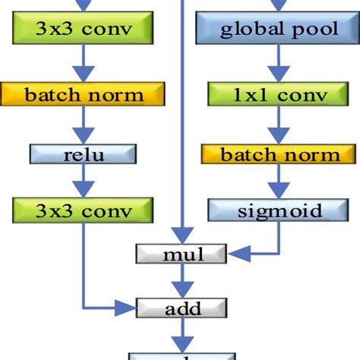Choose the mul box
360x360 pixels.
[x=183, y=254]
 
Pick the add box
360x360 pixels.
[x=183, y=308]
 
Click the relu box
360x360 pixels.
[x=84, y=154]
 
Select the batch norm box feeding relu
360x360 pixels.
[x=84, y=94]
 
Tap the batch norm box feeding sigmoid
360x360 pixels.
[x=280, y=154]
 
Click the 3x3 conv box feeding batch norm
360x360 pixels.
[x=84, y=30]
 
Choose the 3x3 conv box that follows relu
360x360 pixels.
[x=84, y=210]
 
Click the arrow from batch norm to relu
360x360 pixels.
[x=84, y=125]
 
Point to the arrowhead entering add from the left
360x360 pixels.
[x=129, y=308]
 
